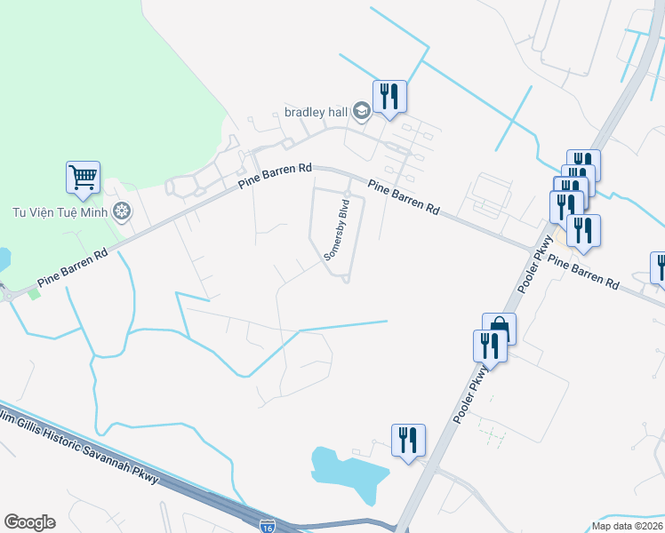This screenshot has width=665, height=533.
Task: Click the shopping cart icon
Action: (83, 177)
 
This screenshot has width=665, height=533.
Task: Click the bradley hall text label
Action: (316, 112)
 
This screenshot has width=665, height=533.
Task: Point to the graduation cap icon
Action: (361, 111)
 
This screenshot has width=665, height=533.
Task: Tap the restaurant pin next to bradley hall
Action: (389, 95)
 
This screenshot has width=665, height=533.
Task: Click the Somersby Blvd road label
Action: (337, 228)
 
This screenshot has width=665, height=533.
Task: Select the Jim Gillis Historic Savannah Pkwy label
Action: (80, 449)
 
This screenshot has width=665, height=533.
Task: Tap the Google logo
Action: (29, 522)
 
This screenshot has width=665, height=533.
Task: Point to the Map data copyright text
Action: (627, 526)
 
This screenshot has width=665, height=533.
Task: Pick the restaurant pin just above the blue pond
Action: (407, 439)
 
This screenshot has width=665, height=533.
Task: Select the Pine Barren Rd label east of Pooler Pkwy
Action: (582, 271)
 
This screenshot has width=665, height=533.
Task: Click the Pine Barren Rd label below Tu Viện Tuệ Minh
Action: (73, 268)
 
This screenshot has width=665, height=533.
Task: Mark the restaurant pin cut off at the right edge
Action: (659, 267)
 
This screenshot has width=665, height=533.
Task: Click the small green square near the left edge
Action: (35, 293)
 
